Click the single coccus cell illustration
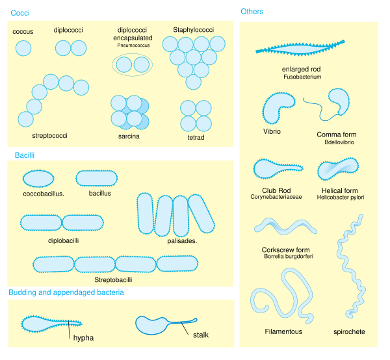click(x=23, y=48)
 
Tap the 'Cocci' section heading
click(x=19, y=13)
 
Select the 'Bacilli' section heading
click(x=25, y=155)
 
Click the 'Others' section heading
click(x=252, y=12)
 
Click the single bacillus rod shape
click(x=97, y=177)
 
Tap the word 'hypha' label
click(x=84, y=338)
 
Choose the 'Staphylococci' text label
click(x=193, y=30)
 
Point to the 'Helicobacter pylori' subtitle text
click(x=340, y=197)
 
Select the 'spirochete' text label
click(x=348, y=332)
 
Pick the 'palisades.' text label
click(x=182, y=240)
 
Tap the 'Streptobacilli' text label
click(x=113, y=279)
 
